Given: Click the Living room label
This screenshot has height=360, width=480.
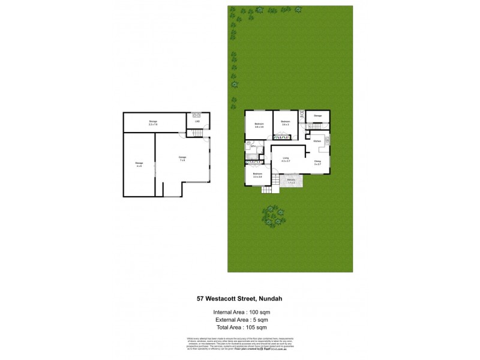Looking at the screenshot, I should click(x=286, y=160).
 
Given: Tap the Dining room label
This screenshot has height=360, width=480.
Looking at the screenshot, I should click(x=317, y=162).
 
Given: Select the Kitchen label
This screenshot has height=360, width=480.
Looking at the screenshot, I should click(x=317, y=142).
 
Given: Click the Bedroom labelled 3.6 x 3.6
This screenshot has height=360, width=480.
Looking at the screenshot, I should click(x=259, y=125).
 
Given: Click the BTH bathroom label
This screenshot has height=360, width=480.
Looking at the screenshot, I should click(x=254, y=146).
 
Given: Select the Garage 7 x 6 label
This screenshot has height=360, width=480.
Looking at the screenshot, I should click(x=182, y=158).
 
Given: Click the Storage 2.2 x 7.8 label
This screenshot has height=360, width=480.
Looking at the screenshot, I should click(x=153, y=122).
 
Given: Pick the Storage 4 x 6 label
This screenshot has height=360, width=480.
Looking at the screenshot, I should click(x=139, y=164).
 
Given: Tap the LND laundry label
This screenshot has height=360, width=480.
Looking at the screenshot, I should click(x=197, y=122).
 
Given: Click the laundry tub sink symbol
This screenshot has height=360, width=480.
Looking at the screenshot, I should click(x=196, y=115).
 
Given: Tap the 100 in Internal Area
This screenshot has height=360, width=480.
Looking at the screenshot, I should click(x=254, y=312).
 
